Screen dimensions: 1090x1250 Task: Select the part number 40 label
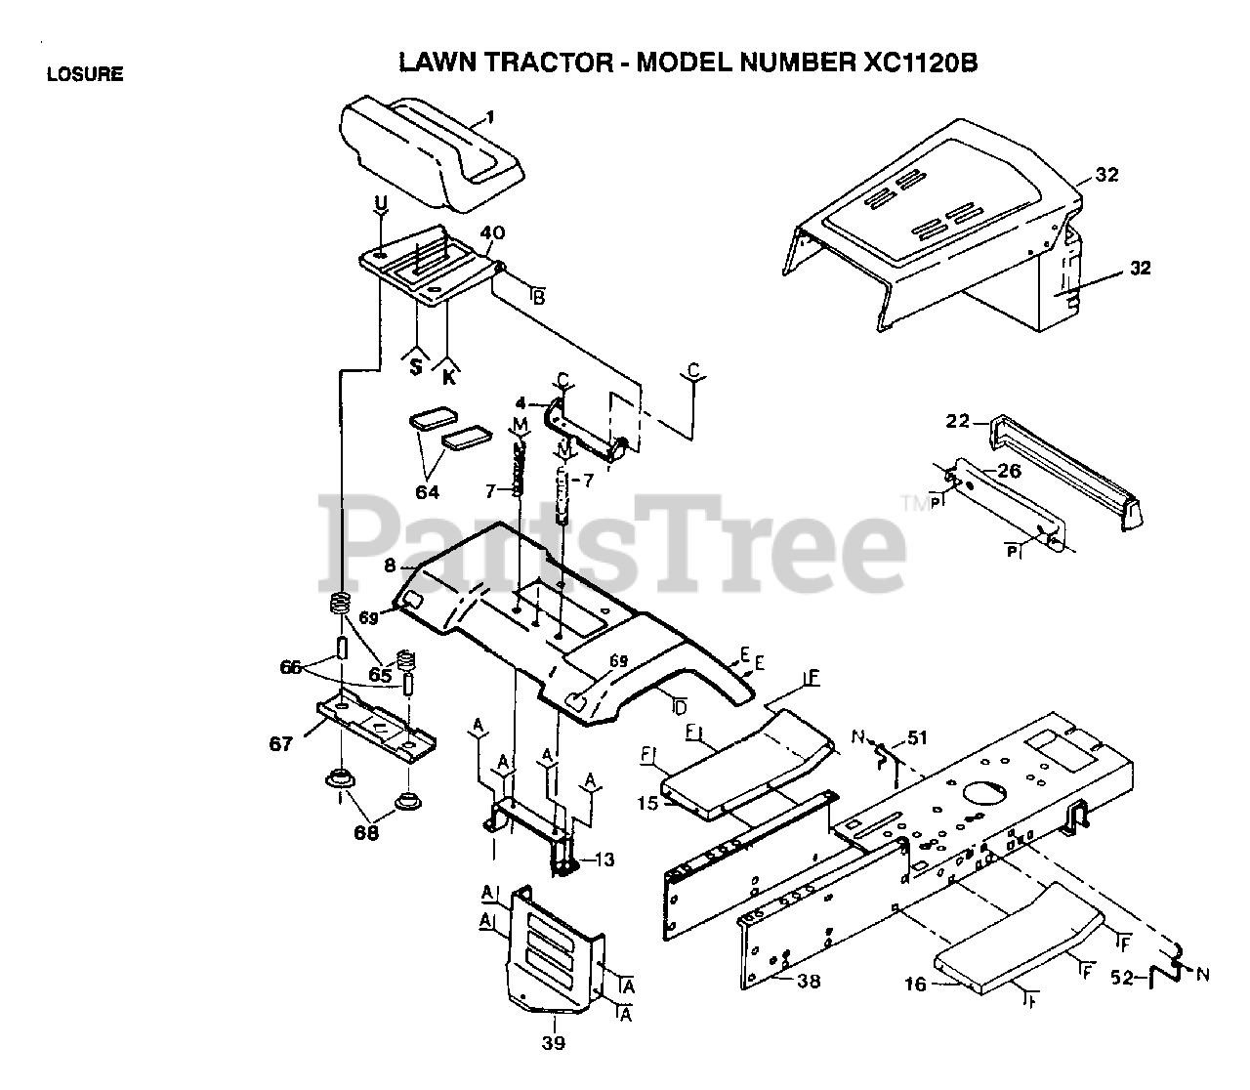(x=492, y=233)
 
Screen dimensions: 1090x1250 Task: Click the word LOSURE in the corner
(x=85, y=74)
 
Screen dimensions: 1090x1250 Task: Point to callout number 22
(x=958, y=421)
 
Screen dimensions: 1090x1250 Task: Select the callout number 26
(x=1009, y=472)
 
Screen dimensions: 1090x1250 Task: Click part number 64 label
(x=427, y=492)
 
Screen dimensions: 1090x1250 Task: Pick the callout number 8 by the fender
(x=390, y=566)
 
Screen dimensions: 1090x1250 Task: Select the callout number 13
(x=604, y=859)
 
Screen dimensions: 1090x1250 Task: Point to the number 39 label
(x=553, y=1043)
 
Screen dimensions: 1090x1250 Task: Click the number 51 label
(x=917, y=736)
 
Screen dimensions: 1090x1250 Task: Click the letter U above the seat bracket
(x=381, y=203)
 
